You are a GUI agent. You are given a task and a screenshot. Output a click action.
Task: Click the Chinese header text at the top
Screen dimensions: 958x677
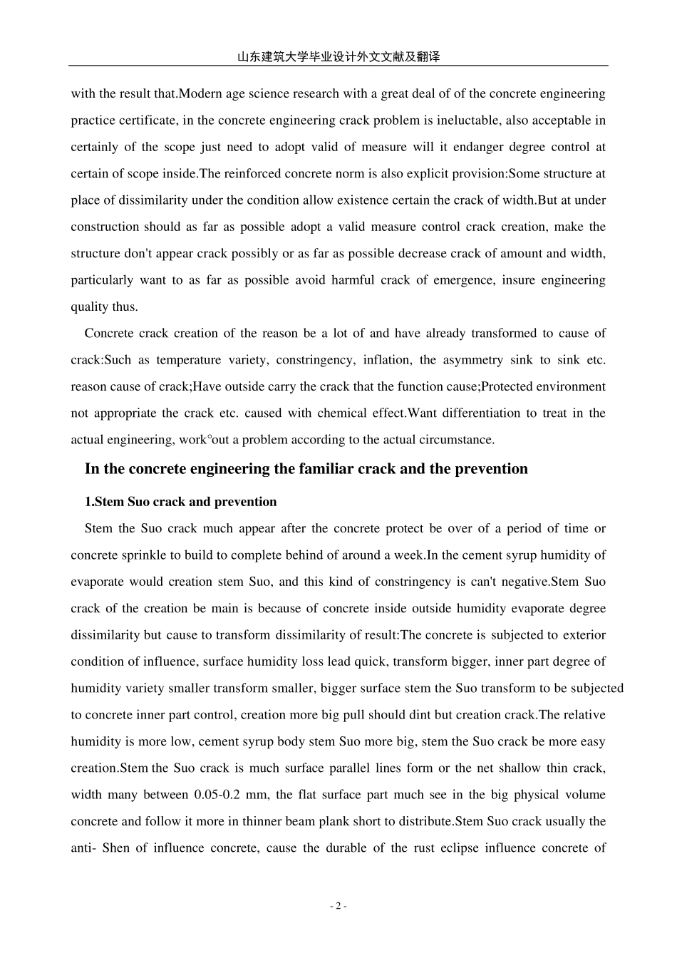click(338, 57)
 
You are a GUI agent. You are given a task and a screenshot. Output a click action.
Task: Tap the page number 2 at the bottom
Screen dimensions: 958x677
click(338, 906)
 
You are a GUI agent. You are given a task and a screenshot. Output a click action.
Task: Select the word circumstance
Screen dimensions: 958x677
click(458, 440)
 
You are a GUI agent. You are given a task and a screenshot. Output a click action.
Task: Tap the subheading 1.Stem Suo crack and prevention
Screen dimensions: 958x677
click(180, 502)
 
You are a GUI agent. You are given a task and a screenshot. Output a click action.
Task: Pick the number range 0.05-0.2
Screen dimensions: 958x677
click(225, 795)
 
